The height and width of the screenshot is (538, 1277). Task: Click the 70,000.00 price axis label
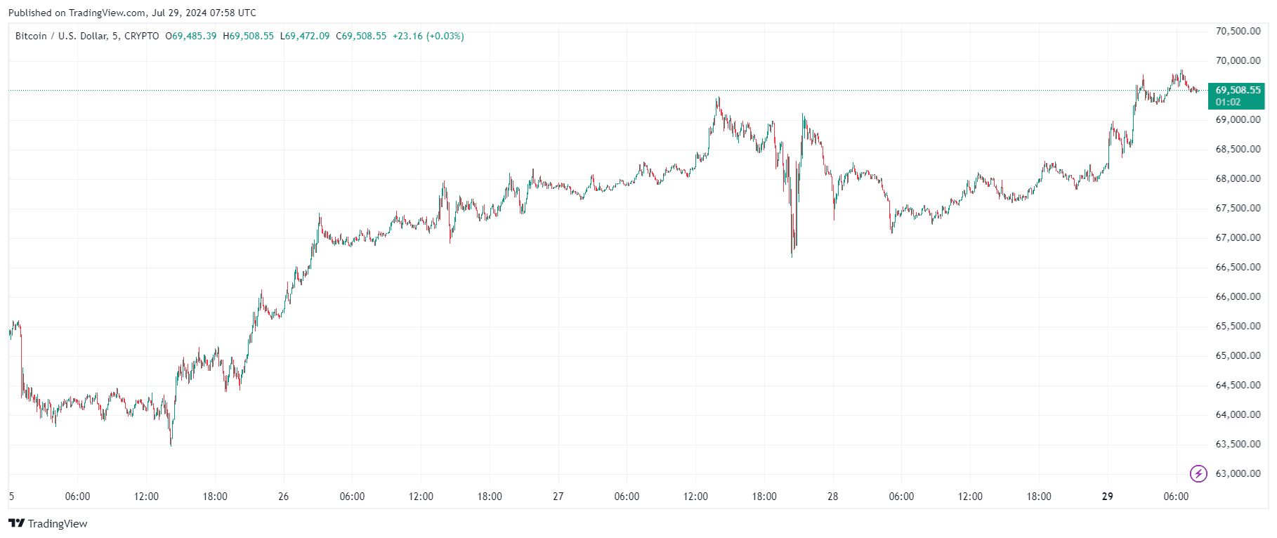tap(1238, 61)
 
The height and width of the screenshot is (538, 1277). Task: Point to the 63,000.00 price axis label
tap(1238, 474)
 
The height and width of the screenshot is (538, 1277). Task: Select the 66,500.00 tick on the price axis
tap(1238, 268)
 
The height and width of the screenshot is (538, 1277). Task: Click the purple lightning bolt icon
tap(1198, 473)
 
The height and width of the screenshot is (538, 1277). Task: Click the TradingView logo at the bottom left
tap(48, 524)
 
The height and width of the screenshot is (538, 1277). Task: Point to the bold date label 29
tap(1107, 497)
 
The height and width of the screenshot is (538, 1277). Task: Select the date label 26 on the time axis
tap(283, 497)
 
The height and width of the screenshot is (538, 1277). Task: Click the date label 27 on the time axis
tap(558, 497)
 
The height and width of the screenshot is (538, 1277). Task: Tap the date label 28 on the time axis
tap(832, 497)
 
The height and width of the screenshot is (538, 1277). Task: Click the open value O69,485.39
tap(191, 37)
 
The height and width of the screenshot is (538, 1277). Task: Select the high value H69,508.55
tap(248, 37)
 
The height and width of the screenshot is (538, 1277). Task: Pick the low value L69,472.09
tap(305, 37)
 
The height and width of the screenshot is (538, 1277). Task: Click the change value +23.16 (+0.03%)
tap(428, 37)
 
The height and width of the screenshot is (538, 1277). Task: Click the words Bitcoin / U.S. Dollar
tap(61, 37)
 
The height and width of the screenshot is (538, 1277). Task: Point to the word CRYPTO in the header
tap(142, 37)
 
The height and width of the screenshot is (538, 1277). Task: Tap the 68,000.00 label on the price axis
tap(1238, 179)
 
